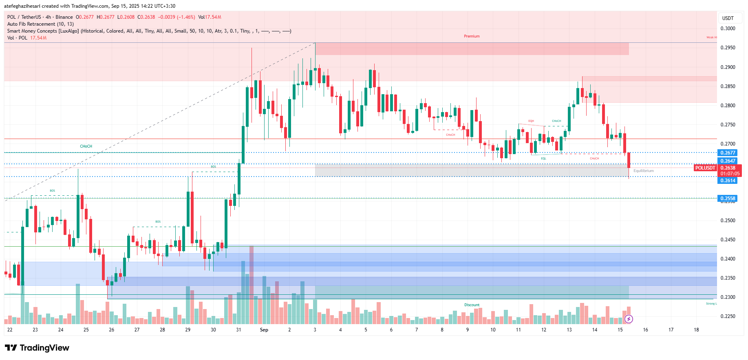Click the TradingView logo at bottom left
37,348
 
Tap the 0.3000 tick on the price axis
728,29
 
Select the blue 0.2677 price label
728,153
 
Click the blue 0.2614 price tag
728,181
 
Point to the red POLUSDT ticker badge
705,168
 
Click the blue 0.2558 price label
728,199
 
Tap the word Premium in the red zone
472,36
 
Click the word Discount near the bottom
472,305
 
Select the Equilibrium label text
643,171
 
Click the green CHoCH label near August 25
86,146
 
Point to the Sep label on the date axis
264,330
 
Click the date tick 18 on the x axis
696,330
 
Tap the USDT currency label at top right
728,18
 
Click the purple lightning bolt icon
629,319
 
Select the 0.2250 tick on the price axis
728,316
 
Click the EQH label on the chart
531,121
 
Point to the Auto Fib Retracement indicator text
40,24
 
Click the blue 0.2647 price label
728,161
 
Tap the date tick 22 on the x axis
10,330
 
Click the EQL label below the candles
543,159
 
